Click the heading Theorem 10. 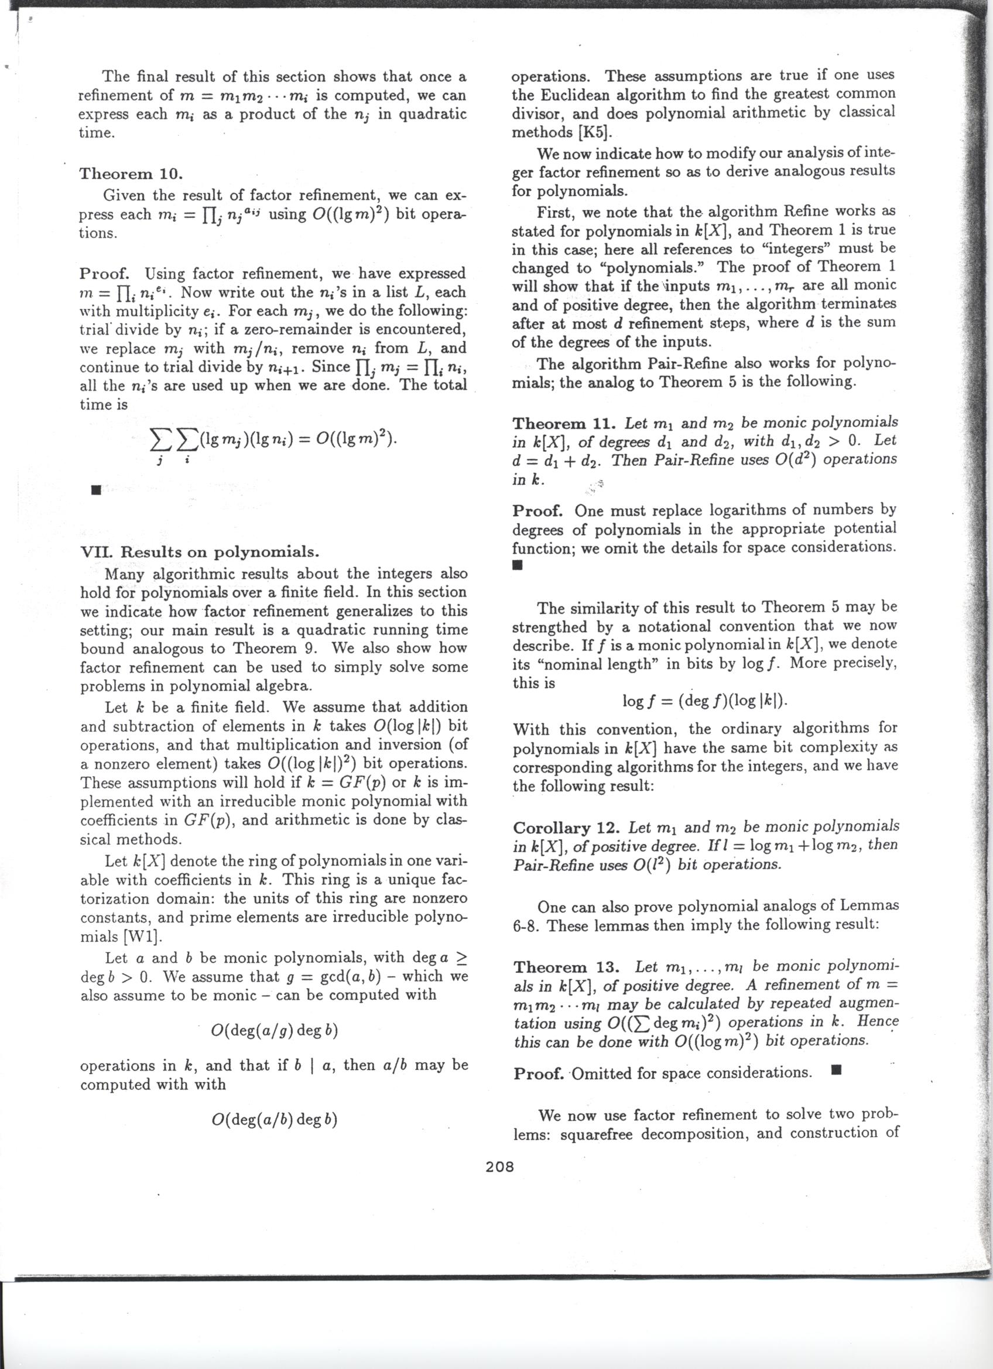pos(131,174)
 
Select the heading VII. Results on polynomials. pos(200,552)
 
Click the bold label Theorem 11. pos(564,423)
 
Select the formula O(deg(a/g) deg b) pos(274,1030)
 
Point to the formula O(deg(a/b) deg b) pos(274,1120)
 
